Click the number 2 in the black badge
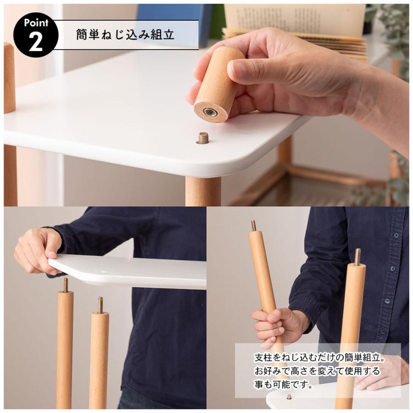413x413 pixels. tap(35, 42)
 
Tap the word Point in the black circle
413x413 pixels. tap(36, 22)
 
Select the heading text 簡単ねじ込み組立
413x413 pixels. tap(125, 35)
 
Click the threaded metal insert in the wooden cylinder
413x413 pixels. tap(211, 112)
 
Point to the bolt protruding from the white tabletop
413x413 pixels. tap(203, 138)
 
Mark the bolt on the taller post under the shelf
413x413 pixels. tap(66, 285)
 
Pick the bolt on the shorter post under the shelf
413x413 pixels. tap(100, 305)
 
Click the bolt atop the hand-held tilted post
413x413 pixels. tap(253, 225)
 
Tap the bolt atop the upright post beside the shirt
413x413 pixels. tap(357, 257)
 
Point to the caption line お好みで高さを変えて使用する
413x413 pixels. tap(317, 371)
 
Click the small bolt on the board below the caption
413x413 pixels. tap(289, 397)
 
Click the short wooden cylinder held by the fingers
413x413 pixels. tap(219, 84)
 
